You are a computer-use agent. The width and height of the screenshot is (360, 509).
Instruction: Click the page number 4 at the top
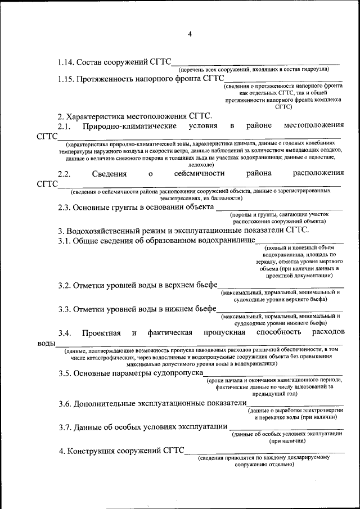point(190,34)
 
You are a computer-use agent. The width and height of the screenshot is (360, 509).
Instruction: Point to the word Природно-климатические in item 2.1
point(129,125)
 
